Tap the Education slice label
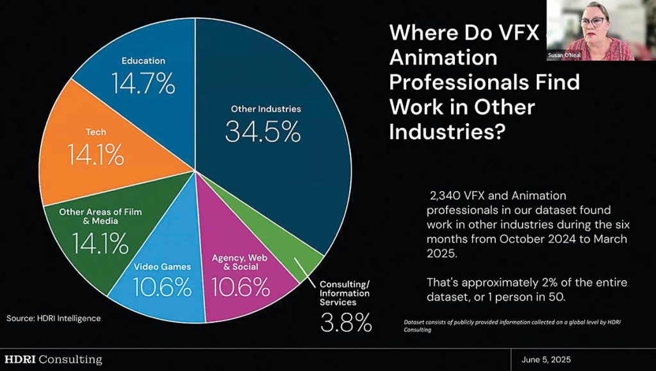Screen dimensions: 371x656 tap(143, 61)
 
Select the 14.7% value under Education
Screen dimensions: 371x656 tap(143, 83)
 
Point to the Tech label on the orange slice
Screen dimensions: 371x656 tap(96, 132)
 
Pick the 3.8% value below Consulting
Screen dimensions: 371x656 tap(346, 324)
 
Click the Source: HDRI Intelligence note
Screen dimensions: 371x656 tap(54, 318)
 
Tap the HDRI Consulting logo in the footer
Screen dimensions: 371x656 tap(53, 359)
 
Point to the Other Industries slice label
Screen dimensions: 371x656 tap(266, 109)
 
